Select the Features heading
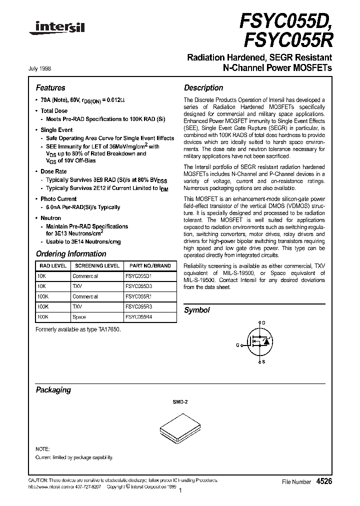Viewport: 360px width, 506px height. [x=50, y=88]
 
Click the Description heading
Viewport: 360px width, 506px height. [x=203, y=88]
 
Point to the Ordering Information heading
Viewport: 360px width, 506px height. [x=71, y=254]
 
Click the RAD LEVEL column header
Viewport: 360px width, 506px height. [x=52, y=266]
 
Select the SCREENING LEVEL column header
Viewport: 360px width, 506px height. [x=97, y=266]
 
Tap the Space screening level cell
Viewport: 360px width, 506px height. [x=79, y=317]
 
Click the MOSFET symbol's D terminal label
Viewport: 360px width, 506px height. [x=263, y=323]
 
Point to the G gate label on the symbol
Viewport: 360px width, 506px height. [x=237, y=345]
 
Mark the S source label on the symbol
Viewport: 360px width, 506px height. [x=263, y=362]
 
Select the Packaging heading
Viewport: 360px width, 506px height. [x=53, y=390]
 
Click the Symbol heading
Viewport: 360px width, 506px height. [x=197, y=310]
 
